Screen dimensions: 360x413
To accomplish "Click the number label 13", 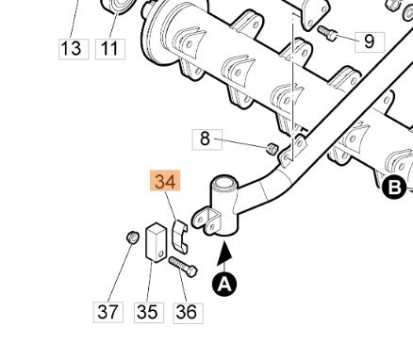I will (71, 46).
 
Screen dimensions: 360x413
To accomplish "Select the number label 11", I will (111, 46).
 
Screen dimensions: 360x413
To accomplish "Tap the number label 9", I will (369, 41).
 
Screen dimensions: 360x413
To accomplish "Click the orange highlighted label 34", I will (165, 181).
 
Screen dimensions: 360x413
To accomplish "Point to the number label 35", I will (147, 310).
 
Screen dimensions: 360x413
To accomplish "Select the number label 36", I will (187, 310).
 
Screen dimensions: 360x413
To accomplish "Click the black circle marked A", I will (223, 283).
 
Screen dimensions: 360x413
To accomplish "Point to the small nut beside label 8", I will (272, 148).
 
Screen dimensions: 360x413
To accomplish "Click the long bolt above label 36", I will (183, 267).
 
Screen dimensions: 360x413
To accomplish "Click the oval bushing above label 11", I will (118, 8).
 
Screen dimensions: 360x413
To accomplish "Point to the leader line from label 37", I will (120, 273).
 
